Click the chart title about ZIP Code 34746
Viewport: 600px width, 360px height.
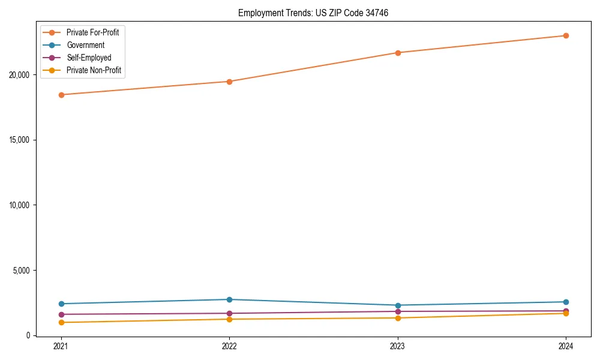(313, 13)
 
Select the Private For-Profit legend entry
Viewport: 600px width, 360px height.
(92, 32)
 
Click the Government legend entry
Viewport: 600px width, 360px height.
(85, 45)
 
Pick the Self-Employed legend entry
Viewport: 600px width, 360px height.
(89, 58)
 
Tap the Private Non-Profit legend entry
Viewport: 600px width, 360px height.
(94, 70)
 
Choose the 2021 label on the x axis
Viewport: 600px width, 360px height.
(61, 346)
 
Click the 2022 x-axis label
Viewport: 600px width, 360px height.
(229, 346)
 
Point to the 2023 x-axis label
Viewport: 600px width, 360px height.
(397, 346)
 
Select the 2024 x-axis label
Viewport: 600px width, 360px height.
(566, 346)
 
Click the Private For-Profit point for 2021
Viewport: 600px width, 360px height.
(61, 95)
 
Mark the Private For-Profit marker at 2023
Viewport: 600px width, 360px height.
(397, 53)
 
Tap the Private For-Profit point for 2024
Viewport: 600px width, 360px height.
(566, 35)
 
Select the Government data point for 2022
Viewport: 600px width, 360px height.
(229, 299)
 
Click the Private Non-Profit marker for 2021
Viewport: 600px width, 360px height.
(61, 323)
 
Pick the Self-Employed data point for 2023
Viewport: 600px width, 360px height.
(397, 311)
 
